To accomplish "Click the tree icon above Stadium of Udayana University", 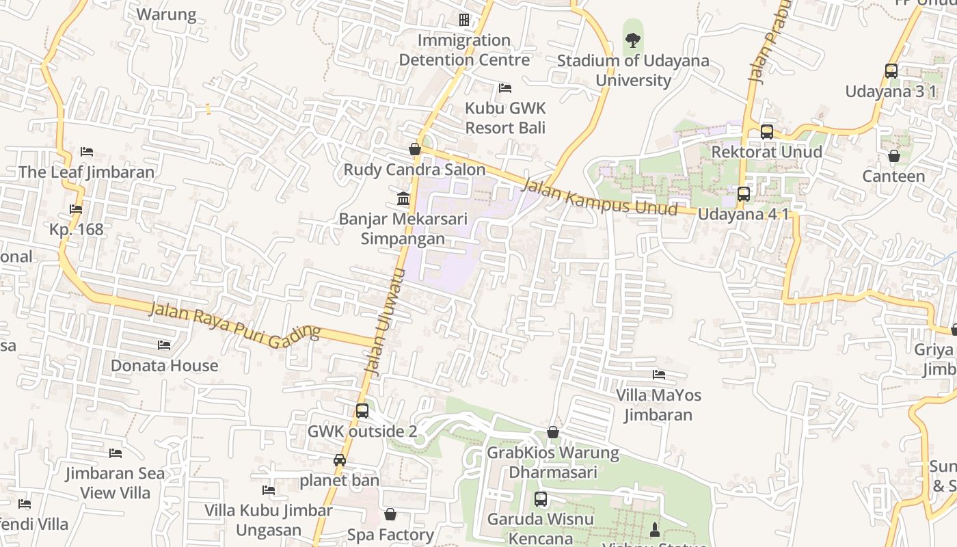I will pyautogui.click(x=633, y=41).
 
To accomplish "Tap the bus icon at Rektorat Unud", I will pyautogui.click(x=767, y=132).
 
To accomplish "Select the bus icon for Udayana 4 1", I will pyautogui.click(x=744, y=194).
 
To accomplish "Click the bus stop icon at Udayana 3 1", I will pyautogui.click(x=891, y=71).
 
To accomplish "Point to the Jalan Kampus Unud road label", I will pyautogui.click(x=599, y=197).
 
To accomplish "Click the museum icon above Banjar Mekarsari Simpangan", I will pyautogui.click(x=403, y=199).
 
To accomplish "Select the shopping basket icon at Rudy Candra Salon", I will pyautogui.click(x=414, y=149).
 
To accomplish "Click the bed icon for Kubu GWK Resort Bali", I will pyautogui.click(x=505, y=88).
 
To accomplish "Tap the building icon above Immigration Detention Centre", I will pyautogui.click(x=464, y=20).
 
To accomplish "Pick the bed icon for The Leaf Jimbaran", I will pyautogui.click(x=86, y=152).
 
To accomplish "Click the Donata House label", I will pyautogui.click(x=165, y=365).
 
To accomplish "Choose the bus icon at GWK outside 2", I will pyautogui.click(x=362, y=411).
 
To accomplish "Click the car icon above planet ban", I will pyautogui.click(x=340, y=460).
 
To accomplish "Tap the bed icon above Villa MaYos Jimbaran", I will pyautogui.click(x=659, y=375).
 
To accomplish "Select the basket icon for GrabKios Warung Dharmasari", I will pyautogui.click(x=553, y=432).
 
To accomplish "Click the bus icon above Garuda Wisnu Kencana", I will pyautogui.click(x=541, y=499).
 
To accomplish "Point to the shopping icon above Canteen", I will pyautogui.click(x=893, y=156).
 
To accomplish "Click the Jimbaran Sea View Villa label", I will pyautogui.click(x=115, y=483).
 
